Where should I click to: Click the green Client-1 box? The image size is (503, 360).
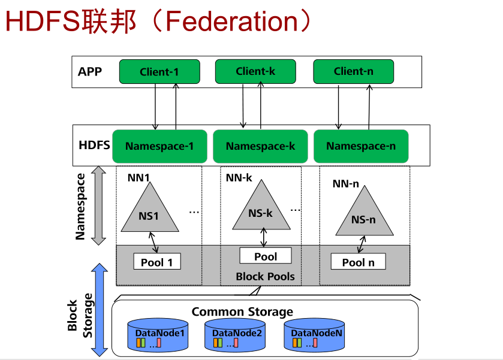(159, 72)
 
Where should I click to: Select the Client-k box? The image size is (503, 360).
(255, 71)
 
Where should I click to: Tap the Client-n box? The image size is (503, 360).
(354, 71)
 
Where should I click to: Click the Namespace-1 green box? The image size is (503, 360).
(159, 146)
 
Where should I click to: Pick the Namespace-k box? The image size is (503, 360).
(260, 146)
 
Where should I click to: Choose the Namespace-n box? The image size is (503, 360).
(361, 146)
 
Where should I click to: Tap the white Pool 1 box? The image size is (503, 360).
(156, 262)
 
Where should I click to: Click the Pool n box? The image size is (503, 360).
(359, 262)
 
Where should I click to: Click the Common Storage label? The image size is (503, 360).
(242, 312)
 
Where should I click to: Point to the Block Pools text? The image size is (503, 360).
(265, 276)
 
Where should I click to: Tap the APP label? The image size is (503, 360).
(90, 72)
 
